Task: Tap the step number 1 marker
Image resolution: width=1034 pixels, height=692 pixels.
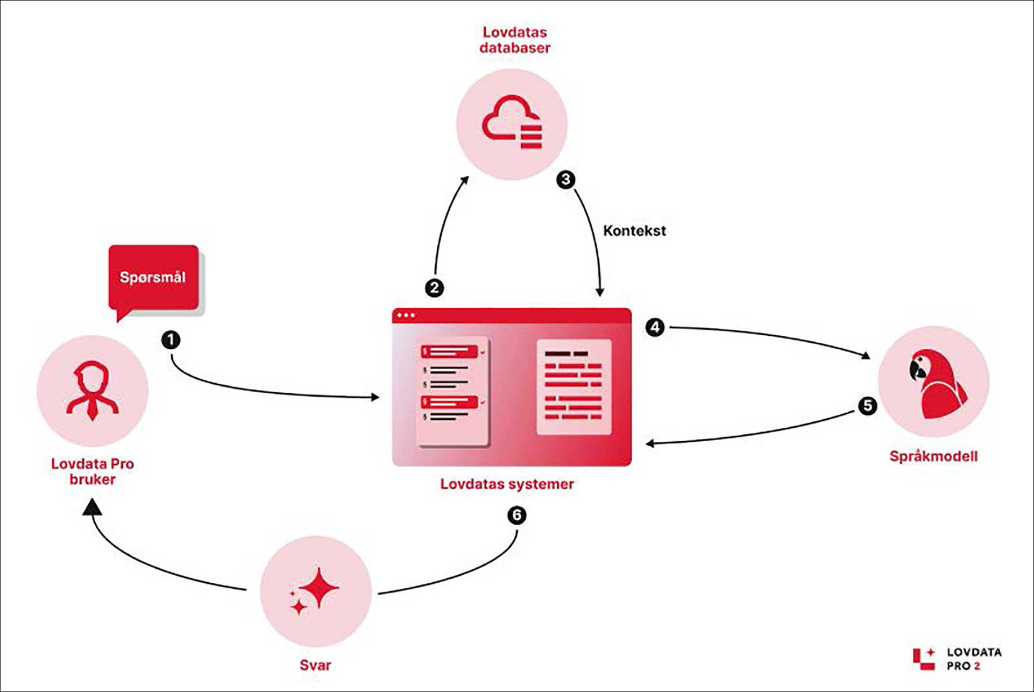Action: [171, 340]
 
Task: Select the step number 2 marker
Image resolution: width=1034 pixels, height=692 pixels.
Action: [434, 288]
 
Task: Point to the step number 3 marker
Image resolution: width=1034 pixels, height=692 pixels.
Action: [565, 179]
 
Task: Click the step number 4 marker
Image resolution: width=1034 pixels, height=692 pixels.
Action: [655, 327]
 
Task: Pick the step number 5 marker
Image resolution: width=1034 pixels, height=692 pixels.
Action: [867, 406]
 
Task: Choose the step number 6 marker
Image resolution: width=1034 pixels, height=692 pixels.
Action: [516, 516]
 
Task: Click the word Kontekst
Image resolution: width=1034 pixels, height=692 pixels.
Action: [634, 231]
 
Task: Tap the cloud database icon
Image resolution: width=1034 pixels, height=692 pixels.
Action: [512, 122]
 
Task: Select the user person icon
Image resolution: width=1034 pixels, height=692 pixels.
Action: [93, 390]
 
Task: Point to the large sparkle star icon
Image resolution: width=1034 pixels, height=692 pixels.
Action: [319, 587]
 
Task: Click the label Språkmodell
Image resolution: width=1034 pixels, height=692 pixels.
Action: [933, 456]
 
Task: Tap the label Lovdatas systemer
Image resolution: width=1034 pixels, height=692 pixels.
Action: [507, 484]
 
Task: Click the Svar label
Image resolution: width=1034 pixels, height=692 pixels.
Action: [315, 665]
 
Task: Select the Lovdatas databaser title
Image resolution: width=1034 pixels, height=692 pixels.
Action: [515, 40]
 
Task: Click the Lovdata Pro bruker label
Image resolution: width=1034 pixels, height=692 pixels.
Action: [93, 471]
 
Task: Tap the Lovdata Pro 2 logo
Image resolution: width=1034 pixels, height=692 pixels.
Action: [957, 659]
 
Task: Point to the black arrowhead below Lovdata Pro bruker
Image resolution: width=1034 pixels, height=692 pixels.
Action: [92, 507]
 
